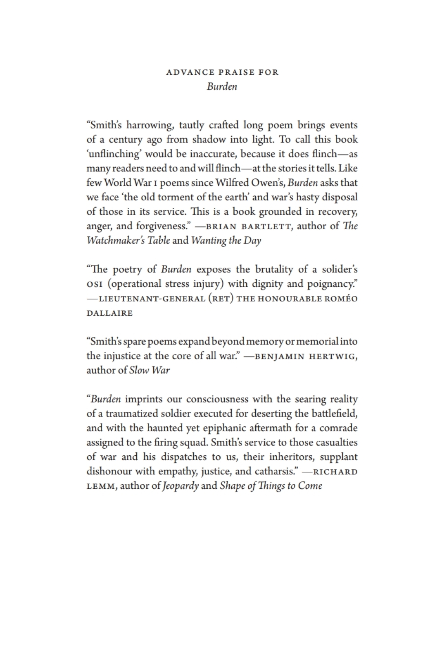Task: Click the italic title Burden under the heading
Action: [222, 87]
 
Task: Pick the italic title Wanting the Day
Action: [226, 240]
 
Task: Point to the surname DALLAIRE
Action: [109, 313]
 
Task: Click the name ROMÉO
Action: [341, 299]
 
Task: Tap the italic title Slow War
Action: [149, 370]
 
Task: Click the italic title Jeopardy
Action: [181, 486]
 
